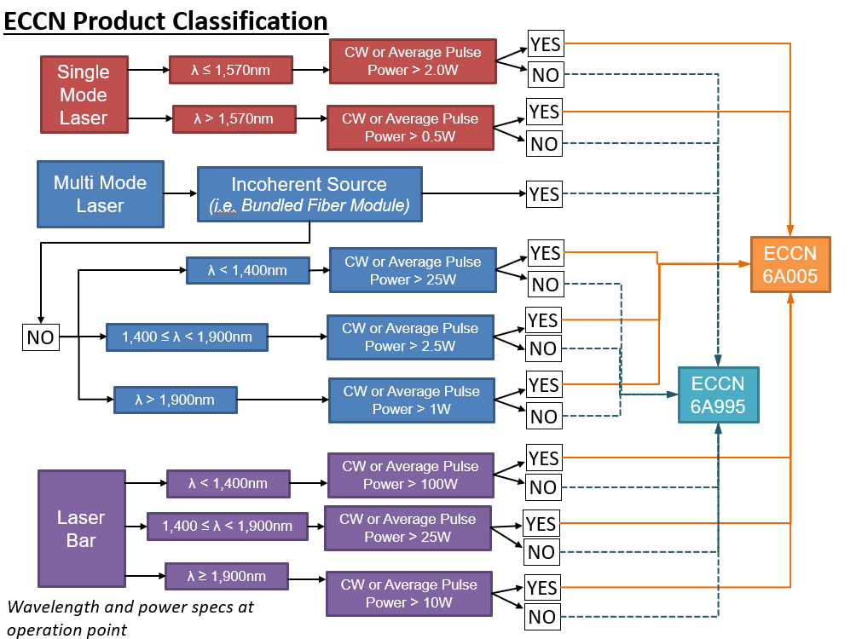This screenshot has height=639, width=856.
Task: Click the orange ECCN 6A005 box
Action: point(790,264)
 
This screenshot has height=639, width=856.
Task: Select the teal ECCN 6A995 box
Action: point(718,394)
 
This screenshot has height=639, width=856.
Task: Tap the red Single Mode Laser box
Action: point(84,95)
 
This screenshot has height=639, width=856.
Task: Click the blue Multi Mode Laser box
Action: point(100,194)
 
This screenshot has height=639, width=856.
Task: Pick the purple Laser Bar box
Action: point(81,528)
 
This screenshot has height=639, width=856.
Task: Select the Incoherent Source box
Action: point(309,194)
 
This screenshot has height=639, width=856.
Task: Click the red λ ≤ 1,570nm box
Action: point(230,70)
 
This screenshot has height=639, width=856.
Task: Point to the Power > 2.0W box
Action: point(412,60)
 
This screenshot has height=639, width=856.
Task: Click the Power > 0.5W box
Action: point(410,127)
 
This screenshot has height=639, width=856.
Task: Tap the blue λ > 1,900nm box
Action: point(176,399)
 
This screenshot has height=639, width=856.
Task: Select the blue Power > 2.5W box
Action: point(410,337)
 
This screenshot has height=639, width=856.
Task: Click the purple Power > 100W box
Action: point(411,475)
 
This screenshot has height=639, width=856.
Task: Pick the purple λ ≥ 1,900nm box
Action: point(226,577)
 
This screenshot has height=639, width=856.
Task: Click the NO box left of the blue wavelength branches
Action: point(40,337)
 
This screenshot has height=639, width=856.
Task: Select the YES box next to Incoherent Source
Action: point(544,194)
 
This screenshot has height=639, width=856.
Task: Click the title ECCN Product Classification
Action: point(166,20)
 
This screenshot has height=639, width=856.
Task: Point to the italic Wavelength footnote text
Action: point(130,618)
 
